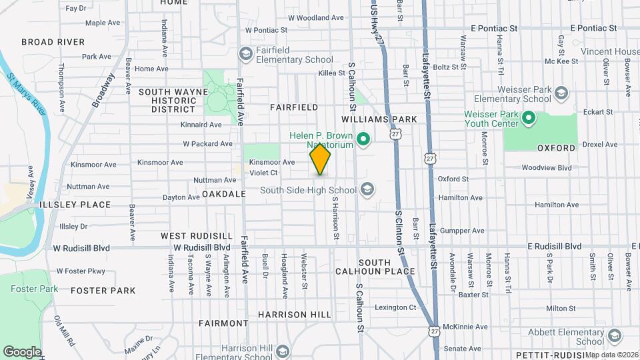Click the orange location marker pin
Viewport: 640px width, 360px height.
coord(320,160)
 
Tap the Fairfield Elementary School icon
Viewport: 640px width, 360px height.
coord(245,53)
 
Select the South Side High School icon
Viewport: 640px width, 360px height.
coord(366,190)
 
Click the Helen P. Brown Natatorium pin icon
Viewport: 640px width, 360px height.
coord(363,139)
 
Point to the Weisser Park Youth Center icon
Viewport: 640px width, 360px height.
coord(529,119)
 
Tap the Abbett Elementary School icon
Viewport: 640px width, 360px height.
coord(614,336)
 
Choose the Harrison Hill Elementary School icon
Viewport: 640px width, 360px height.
coord(283,351)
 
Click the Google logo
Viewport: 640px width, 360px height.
coord(22,351)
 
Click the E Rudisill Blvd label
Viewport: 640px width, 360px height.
coord(554,246)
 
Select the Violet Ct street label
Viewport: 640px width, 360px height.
coord(263,173)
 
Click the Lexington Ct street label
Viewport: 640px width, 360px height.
coord(395,307)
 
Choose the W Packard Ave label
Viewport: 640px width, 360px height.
coord(207,143)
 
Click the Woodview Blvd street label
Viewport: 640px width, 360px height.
coord(547,168)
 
